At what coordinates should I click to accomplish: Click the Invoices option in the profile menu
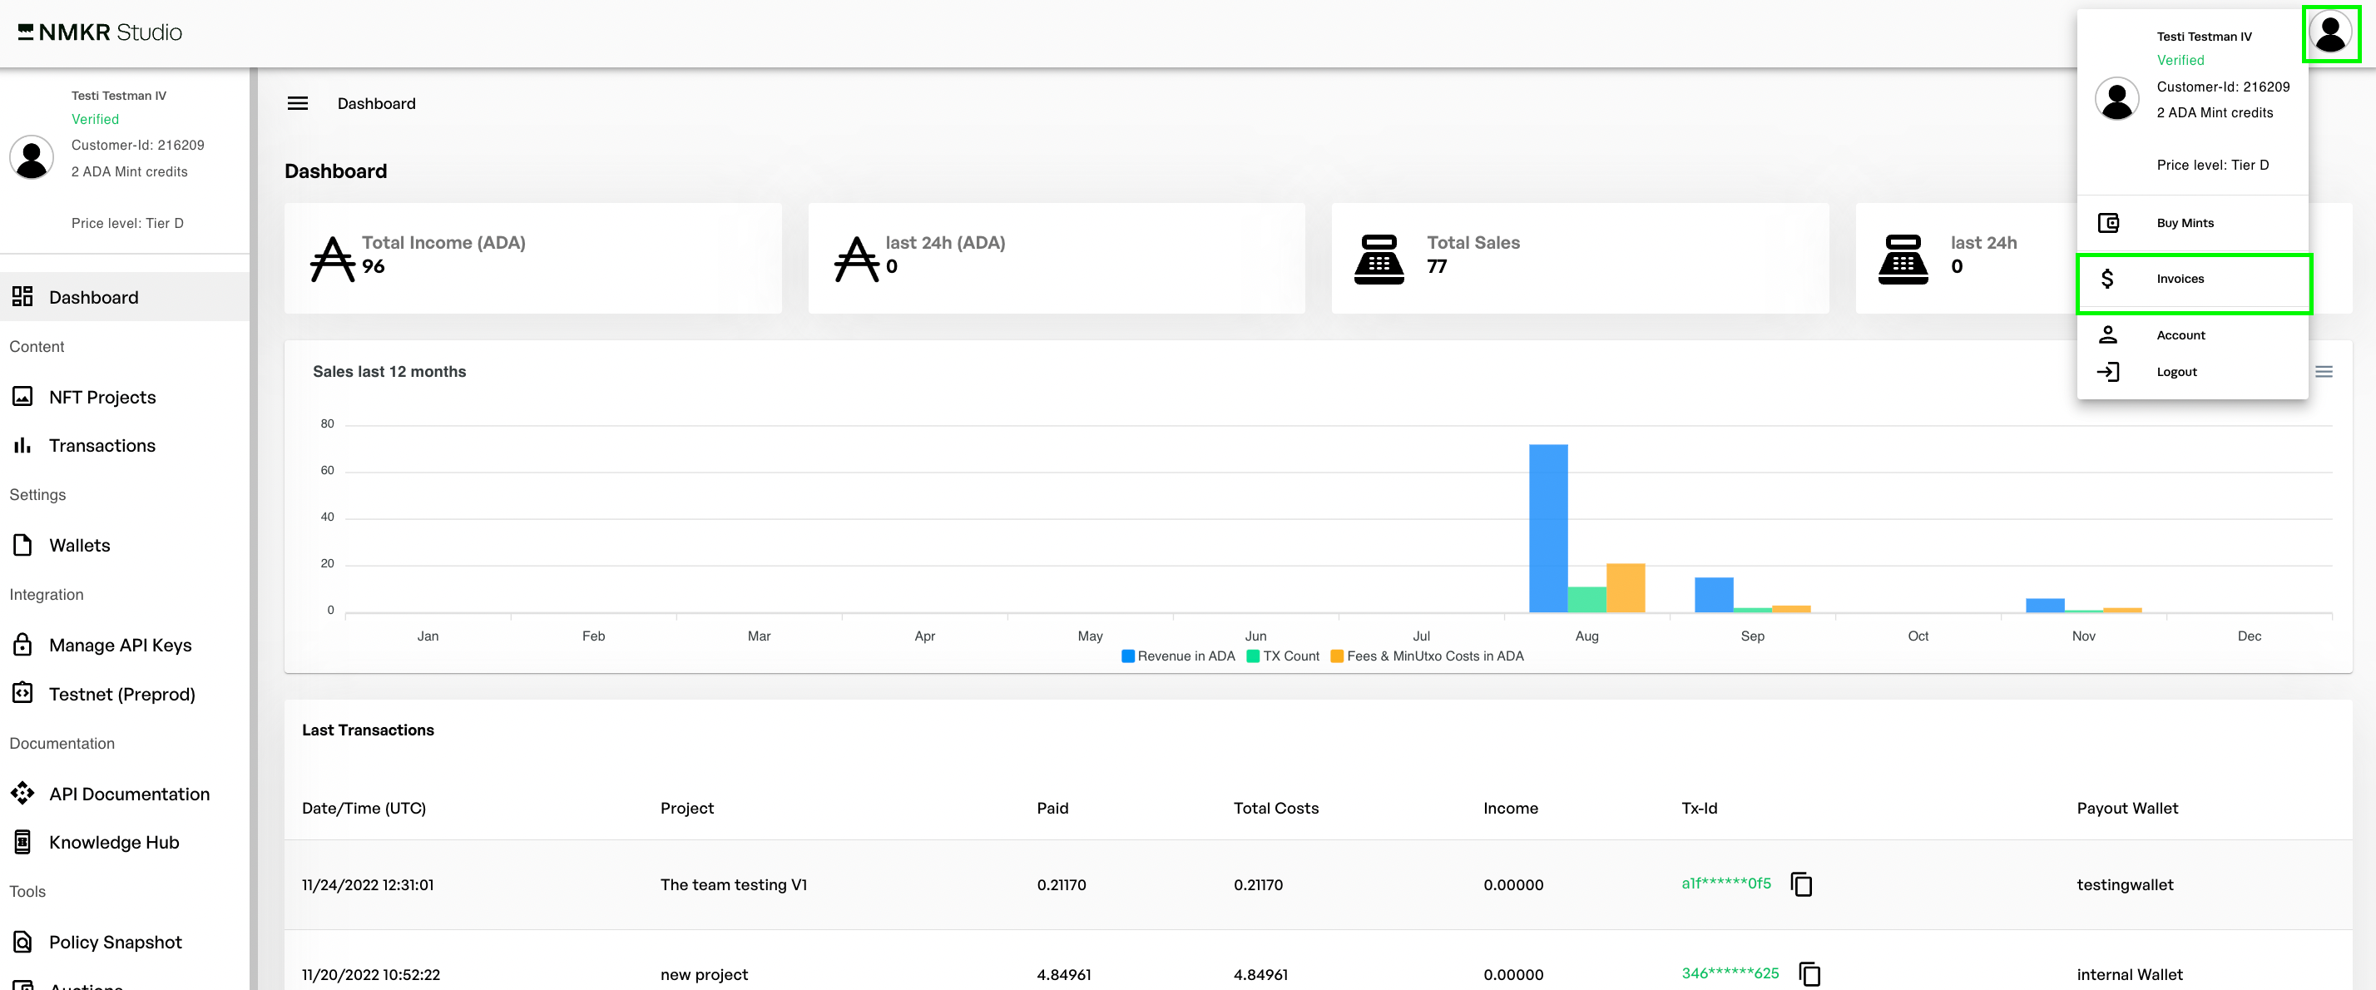point(2180,280)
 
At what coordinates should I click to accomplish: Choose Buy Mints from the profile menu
point(2184,223)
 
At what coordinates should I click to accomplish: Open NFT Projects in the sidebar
point(101,398)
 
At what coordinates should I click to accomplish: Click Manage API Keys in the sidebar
point(120,646)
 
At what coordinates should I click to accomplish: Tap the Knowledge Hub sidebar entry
point(113,843)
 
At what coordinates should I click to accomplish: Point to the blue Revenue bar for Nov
point(2044,606)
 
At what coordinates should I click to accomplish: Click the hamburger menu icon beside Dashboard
point(298,104)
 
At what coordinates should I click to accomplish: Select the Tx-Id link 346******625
point(1730,973)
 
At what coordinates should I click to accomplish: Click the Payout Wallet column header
point(2127,809)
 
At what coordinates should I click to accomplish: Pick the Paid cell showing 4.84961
point(1062,974)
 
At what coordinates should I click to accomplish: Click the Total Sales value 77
point(1436,268)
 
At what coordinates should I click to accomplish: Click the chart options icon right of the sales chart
point(2324,373)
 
